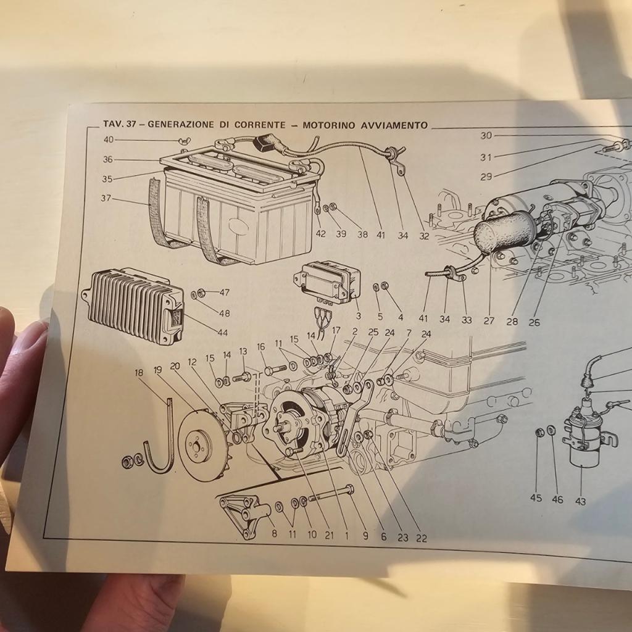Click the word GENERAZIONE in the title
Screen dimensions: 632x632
click(181, 125)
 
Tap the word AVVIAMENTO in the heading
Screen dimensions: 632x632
click(394, 125)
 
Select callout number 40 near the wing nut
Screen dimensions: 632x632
click(109, 140)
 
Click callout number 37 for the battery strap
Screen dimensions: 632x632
click(106, 198)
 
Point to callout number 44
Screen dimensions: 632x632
click(222, 333)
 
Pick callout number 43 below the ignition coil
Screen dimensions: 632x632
click(580, 501)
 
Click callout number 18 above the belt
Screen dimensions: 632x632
click(139, 373)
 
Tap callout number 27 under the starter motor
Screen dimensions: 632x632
click(489, 321)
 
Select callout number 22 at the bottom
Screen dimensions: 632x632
click(421, 538)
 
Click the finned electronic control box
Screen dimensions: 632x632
click(134, 306)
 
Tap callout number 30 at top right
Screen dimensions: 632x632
click(486, 136)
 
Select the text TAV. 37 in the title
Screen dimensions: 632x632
click(119, 123)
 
